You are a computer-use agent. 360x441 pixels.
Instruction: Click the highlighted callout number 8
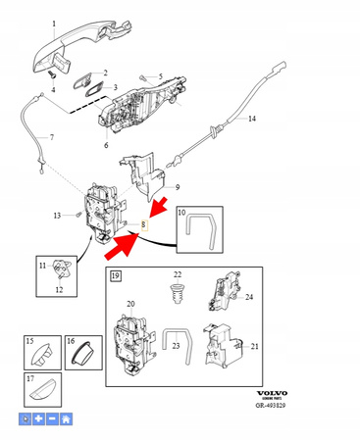(144, 224)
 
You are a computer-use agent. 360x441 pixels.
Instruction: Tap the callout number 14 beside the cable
(251, 119)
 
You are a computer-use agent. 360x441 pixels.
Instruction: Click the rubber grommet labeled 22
(178, 292)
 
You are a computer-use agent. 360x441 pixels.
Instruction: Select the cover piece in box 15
(40, 351)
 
